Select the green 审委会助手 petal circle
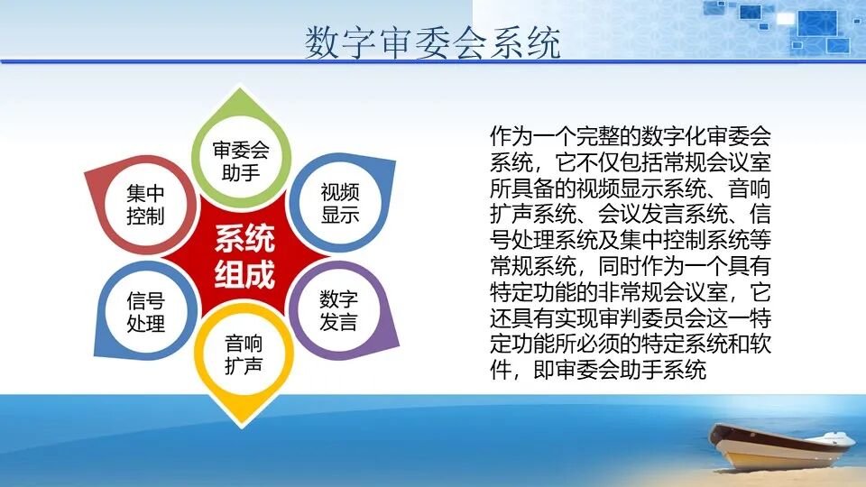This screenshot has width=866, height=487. click(x=241, y=160)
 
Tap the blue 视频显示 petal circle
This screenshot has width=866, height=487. click(x=339, y=203)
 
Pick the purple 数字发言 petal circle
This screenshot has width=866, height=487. click(x=339, y=309)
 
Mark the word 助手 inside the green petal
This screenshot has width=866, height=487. click(x=241, y=170)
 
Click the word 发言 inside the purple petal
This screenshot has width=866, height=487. click(x=339, y=321)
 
